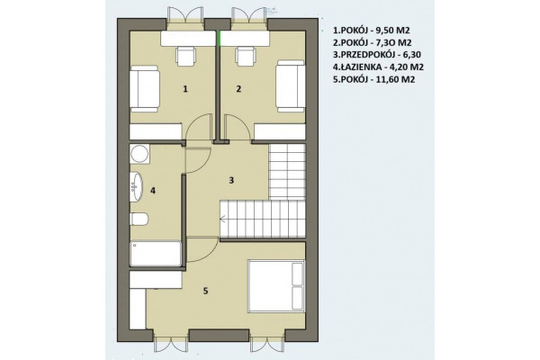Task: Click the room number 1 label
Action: pyautogui.click(x=185, y=89)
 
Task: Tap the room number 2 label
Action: pyautogui.click(x=238, y=89)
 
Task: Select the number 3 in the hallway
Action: pyautogui.click(x=231, y=180)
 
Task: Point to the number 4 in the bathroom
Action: pyautogui.click(x=153, y=190)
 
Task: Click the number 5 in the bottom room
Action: pyautogui.click(x=205, y=291)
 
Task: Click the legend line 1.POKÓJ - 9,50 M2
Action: pyautogui.click(x=371, y=31)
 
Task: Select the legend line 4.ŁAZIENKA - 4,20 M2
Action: pyautogui.click(x=378, y=67)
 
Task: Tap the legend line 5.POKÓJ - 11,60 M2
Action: pyautogui.click(x=373, y=79)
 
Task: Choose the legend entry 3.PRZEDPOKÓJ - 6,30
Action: pyautogui.click(x=377, y=54)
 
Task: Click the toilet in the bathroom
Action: pyautogui.click(x=139, y=219)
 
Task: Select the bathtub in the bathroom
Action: pyautogui.click(x=156, y=254)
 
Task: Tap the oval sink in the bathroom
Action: pyautogui.click(x=136, y=185)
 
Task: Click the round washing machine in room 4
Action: pyautogui.click(x=139, y=154)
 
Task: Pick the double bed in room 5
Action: pyautogui.click(x=276, y=286)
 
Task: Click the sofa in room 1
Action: pyautogui.click(x=145, y=88)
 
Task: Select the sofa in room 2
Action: pyautogui.click(x=291, y=85)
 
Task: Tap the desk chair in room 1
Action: pyautogui.click(x=186, y=56)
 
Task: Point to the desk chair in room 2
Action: pyautogui.click(x=245, y=56)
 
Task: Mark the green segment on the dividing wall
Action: pyautogui.click(x=219, y=38)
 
